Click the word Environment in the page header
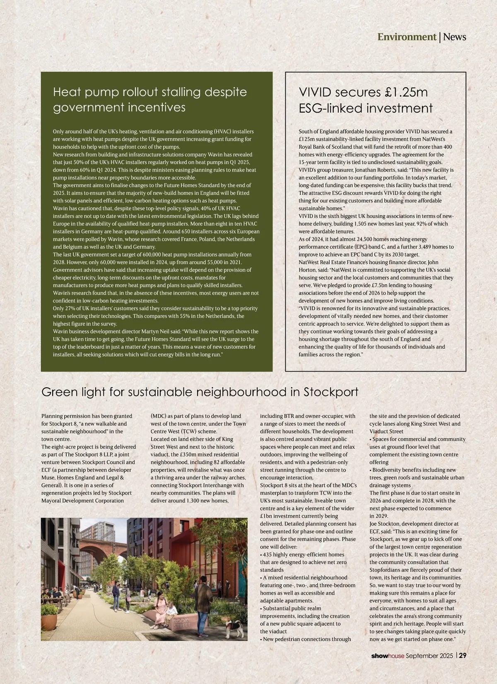[406, 37]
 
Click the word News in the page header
[454, 37]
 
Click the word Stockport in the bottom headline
[331, 392]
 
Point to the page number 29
[463, 656]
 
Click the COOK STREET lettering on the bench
[182, 623]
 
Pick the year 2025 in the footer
[447, 656]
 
